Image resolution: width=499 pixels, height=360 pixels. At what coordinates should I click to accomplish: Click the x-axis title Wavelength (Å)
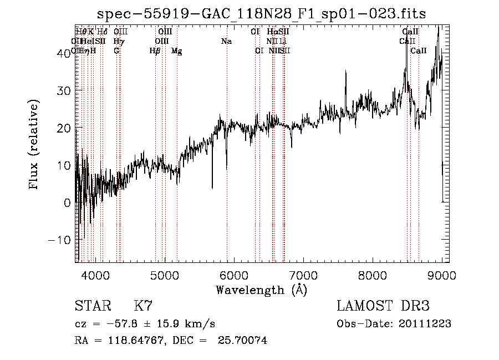(x=261, y=290)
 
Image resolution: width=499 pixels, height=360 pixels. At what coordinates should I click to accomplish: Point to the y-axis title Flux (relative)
(x=34, y=145)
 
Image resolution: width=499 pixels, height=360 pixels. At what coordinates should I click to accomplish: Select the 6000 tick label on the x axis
(x=234, y=275)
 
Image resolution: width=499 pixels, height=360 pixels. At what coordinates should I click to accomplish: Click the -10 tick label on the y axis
(x=60, y=240)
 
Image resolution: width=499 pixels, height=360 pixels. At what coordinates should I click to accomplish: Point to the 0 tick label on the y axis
(x=67, y=202)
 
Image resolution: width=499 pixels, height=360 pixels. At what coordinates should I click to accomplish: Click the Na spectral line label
(x=226, y=41)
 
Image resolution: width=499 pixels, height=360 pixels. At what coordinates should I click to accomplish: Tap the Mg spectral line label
(x=177, y=50)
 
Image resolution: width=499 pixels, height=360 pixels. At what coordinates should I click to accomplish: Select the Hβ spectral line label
(x=155, y=50)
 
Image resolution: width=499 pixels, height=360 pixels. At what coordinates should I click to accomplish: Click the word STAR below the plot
(x=91, y=306)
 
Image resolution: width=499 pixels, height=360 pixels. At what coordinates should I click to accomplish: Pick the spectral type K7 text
(x=143, y=306)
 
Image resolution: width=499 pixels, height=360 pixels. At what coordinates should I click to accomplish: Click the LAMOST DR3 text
(x=383, y=306)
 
